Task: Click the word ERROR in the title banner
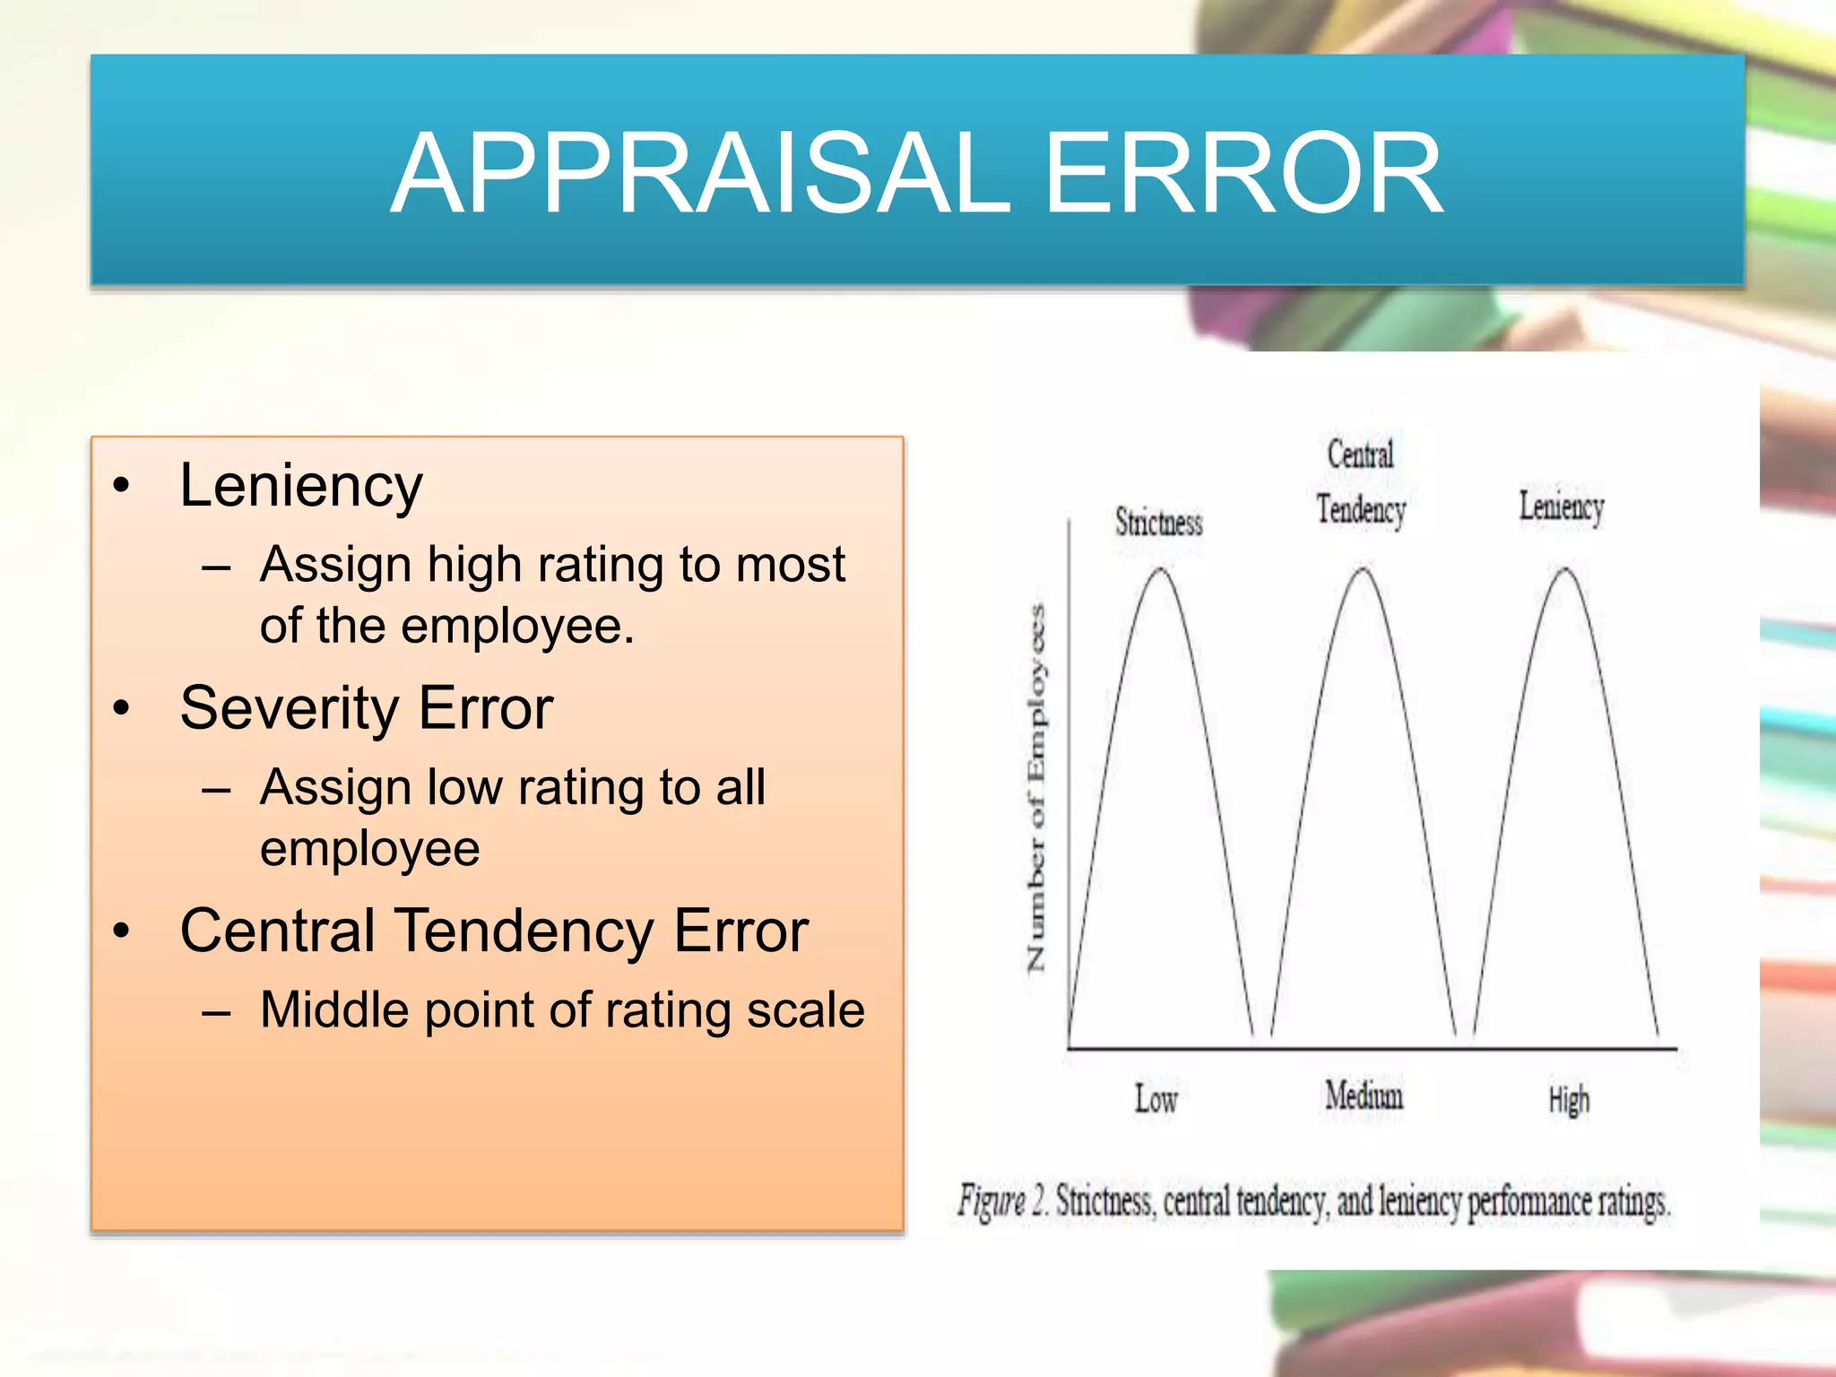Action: click(x=1244, y=173)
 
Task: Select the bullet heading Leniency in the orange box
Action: click(x=301, y=487)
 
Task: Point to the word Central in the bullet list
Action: click(x=276, y=931)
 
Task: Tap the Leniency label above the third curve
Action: click(x=1561, y=507)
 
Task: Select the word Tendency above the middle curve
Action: click(x=1361, y=509)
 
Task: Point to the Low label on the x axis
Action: click(x=1156, y=1099)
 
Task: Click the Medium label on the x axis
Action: click(x=1364, y=1096)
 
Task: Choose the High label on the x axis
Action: click(x=1569, y=1100)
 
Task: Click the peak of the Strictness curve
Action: click(x=1161, y=569)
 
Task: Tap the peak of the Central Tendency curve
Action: click(x=1363, y=569)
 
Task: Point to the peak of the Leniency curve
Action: click(x=1565, y=569)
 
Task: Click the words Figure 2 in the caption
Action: click(x=1001, y=1200)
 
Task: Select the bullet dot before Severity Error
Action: click(x=122, y=708)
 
